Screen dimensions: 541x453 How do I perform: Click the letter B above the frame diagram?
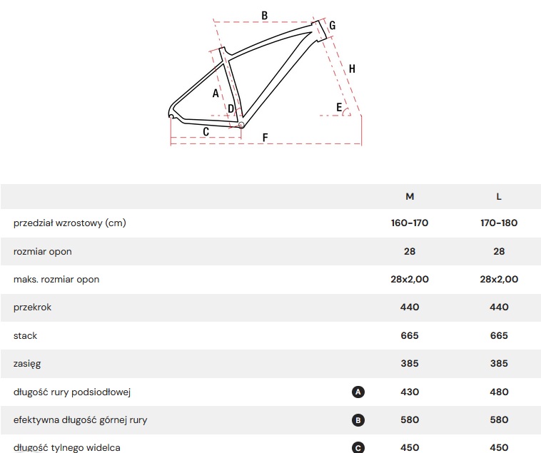[x=265, y=16]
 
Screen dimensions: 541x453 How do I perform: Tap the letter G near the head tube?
[x=333, y=25]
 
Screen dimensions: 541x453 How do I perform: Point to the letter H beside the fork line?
[x=352, y=69]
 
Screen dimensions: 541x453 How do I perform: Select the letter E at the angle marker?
[x=339, y=107]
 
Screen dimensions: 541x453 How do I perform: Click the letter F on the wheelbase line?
[x=265, y=138]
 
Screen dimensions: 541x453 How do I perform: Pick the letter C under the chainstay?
[x=206, y=132]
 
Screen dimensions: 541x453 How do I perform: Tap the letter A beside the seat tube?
[x=216, y=93]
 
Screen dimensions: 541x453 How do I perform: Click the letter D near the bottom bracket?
[x=231, y=109]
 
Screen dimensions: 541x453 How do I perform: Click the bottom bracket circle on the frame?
[x=241, y=125]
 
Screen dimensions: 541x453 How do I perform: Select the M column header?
[x=410, y=196]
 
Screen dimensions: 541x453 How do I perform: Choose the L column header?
[x=499, y=196]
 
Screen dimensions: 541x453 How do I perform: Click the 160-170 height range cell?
[x=410, y=223]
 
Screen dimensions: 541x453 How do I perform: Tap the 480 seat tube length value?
[x=499, y=392]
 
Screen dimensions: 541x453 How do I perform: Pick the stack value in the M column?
[x=410, y=335]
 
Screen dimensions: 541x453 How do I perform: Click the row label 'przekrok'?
[x=32, y=307]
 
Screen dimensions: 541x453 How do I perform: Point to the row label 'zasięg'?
[x=27, y=364]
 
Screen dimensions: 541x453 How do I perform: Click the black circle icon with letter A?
[x=358, y=392]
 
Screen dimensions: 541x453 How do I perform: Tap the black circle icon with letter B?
[x=358, y=420]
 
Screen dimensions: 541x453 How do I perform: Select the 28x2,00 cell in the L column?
[x=499, y=279]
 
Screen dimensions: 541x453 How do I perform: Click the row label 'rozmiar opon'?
[x=42, y=252]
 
